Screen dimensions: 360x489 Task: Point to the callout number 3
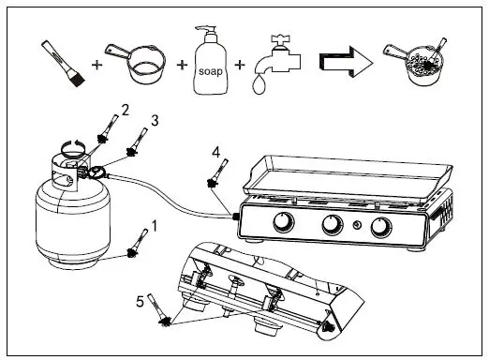(155, 120)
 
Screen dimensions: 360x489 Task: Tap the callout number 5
(140, 301)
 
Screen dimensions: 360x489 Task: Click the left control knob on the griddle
(282, 223)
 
